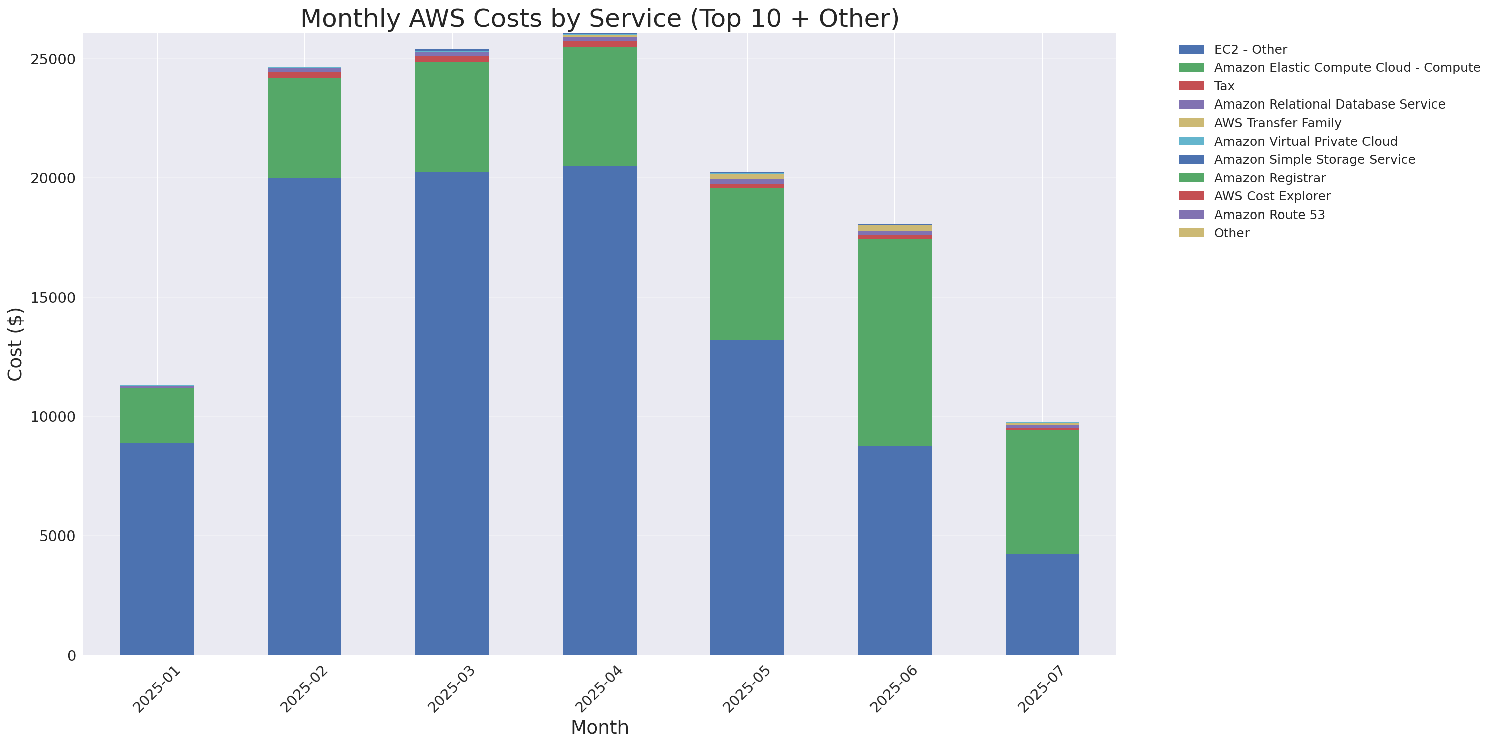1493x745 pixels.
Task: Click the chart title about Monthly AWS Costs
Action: click(x=599, y=18)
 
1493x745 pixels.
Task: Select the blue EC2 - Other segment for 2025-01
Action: click(x=157, y=548)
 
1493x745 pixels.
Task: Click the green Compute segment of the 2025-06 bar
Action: click(x=894, y=342)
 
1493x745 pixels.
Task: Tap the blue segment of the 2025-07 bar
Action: click(x=1042, y=603)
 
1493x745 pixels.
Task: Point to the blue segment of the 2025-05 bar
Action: click(x=746, y=496)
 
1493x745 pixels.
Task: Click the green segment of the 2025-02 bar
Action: click(x=304, y=128)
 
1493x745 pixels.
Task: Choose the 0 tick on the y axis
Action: click(x=71, y=656)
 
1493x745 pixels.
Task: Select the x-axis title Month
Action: click(x=599, y=727)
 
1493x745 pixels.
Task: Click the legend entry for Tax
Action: click(x=1224, y=86)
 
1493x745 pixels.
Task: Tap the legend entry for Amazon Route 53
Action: click(x=1269, y=215)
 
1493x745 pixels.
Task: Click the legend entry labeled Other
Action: click(x=1231, y=233)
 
